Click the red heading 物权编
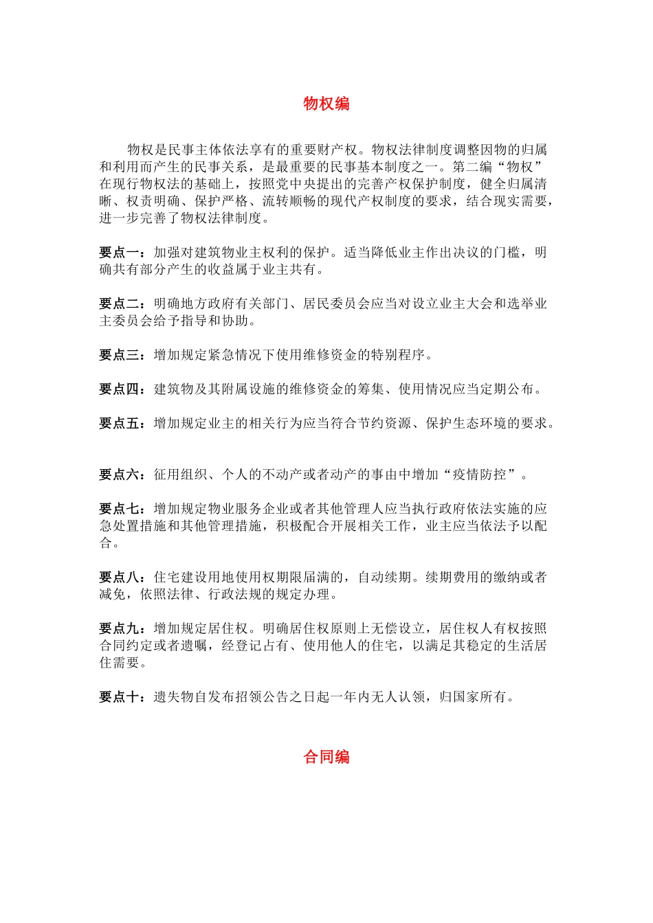pyautogui.click(x=326, y=104)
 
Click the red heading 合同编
pyautogui.click(x=326, y=757)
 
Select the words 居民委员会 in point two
pyautogui.click(x=337, y=304)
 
